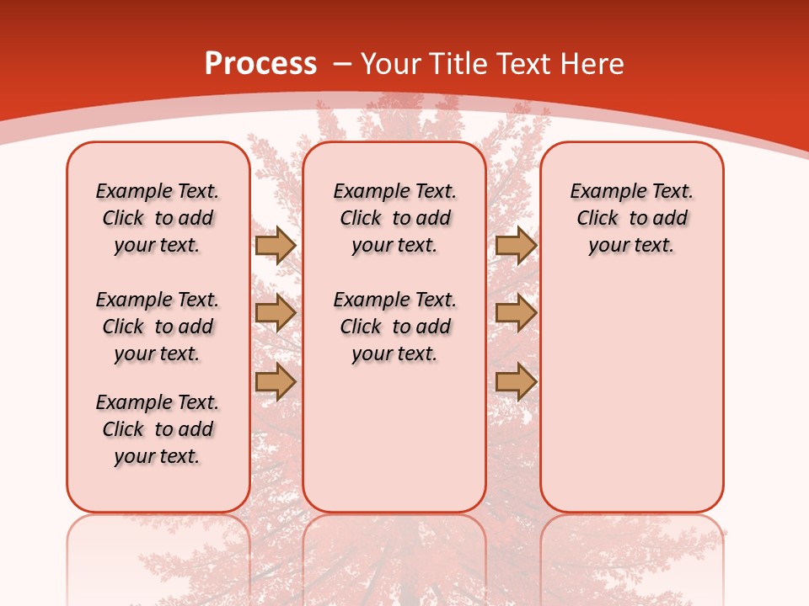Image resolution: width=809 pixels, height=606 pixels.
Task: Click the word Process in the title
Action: [x=260, y=63]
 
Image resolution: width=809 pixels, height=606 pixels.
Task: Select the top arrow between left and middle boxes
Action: [x=276, y=245]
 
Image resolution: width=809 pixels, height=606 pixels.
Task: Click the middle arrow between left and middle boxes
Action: [x=276, y=313]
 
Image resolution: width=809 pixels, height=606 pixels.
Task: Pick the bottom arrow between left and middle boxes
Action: [x=276, y=382]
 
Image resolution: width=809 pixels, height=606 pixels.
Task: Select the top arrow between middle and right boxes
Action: [x=516, y=245]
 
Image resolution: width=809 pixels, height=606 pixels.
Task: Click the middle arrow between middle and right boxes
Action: [x=516, y=313]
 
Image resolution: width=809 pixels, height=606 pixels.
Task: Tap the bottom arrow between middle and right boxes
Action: [x=516, y=382]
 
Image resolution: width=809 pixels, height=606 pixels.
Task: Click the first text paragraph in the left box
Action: [x=158, y=218]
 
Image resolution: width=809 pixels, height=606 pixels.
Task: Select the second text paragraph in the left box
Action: [x=158, y=327]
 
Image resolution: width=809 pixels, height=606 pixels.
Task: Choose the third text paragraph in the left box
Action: [x=158, y=429]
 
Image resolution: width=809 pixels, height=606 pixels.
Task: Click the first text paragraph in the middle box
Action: [x=394, y=218]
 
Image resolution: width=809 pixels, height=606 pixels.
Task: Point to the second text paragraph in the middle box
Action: [x=394, y=327]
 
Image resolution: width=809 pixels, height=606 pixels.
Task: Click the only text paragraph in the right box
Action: [x=631, y=218]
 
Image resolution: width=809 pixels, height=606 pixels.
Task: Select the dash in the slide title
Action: [x=342, y=64]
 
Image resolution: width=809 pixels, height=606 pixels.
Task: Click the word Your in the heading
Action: [x=392, y=63]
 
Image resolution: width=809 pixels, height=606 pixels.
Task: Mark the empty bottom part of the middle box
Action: [x=394, y=446]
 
